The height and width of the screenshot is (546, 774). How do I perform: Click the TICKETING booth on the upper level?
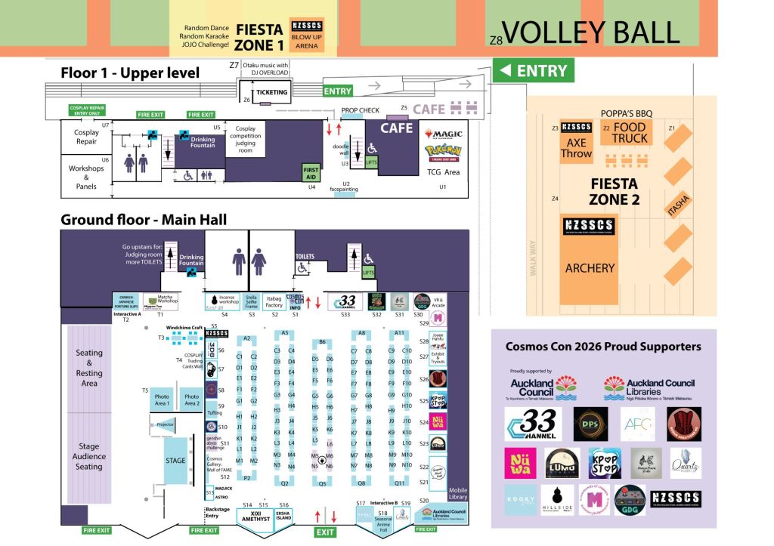272,93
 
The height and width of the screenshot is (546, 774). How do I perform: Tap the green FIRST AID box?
311,173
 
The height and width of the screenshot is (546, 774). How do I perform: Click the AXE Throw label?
576,148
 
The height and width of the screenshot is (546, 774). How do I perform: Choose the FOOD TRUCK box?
630,133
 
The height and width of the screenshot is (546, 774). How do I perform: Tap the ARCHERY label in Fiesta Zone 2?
590,267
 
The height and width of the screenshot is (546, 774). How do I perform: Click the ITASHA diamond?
678,204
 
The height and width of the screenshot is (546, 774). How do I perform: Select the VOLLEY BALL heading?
591,32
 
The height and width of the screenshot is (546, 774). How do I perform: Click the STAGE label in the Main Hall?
175,461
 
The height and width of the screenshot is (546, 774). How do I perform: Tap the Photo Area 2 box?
191,399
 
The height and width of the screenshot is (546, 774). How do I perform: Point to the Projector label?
166,426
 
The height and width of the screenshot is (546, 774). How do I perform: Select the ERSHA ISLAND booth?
283,516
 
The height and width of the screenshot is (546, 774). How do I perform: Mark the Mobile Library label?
458,492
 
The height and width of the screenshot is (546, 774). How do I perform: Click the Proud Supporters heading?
603,347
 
